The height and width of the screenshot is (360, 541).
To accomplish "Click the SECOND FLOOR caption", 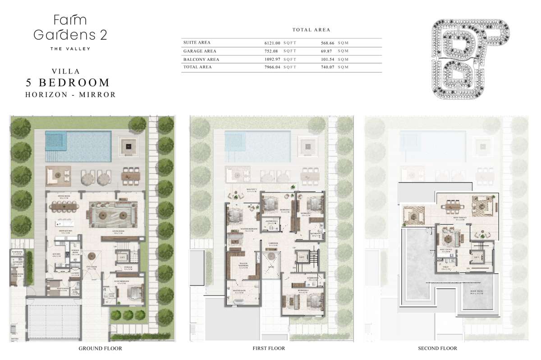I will (437, 348).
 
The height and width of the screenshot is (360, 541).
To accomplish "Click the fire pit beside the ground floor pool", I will (129, 145).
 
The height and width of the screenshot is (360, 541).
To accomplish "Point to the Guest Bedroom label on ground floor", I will (121, 281).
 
